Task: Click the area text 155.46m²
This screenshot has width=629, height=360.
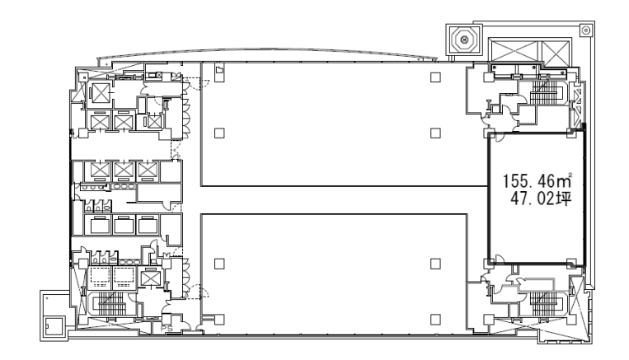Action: point(537,180)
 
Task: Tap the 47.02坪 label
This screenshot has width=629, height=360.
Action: point(540,199)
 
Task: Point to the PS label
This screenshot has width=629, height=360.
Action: point(167,328)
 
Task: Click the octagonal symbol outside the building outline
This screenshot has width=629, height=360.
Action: point(464,40)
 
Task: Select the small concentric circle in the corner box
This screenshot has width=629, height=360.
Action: point(585,30)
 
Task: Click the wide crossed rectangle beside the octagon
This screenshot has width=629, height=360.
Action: point(514,53)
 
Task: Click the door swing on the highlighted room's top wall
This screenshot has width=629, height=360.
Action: point(500,137)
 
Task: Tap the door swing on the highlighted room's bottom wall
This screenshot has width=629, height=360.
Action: point(500,259)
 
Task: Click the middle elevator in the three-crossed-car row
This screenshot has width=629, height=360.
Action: point(124,170)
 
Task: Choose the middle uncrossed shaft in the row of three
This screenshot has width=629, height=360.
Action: point(124,225)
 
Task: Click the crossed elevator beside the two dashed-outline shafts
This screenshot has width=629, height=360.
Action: point(150,278)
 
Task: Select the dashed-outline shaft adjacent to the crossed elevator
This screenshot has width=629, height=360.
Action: point(123,278)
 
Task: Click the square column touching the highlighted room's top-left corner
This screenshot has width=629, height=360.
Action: point(491,133)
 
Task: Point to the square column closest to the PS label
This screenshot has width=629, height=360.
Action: point(219,320)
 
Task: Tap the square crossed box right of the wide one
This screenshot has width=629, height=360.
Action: point(556,53)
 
